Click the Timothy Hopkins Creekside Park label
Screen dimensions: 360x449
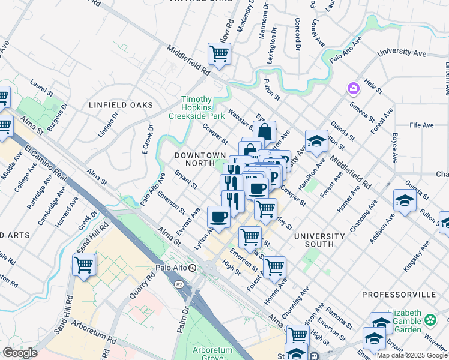[197, 107]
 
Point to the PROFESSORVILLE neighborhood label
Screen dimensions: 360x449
[399, 295]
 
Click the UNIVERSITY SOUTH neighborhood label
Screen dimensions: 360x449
[319, 241]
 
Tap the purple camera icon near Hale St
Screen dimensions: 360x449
[353, 89]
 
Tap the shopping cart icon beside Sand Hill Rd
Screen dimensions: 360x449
[84, 265]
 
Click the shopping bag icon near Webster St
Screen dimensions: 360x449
[264, 131]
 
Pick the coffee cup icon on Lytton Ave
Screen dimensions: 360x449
[218, 217]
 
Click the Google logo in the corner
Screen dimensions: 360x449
[20, 353]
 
